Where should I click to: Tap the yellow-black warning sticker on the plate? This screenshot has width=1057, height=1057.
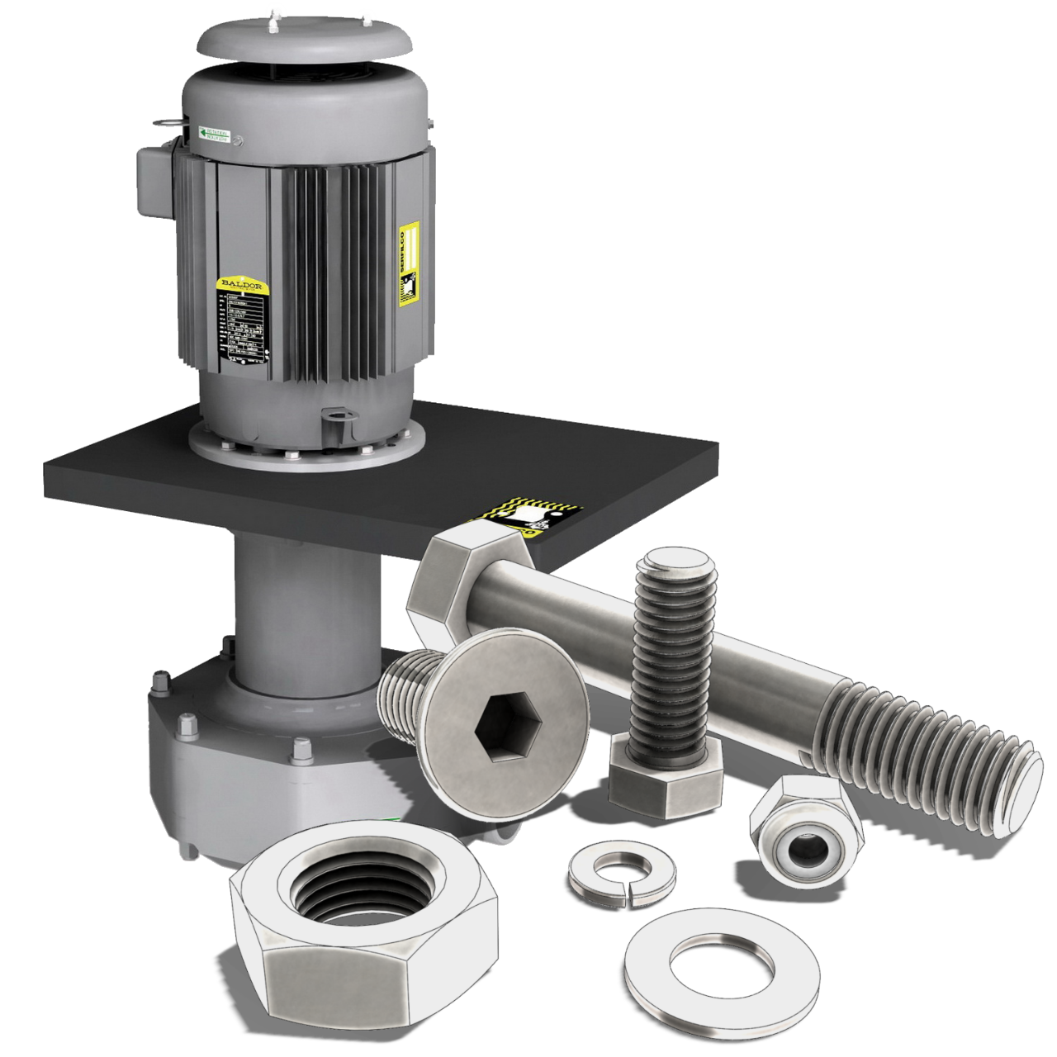[x=528, y=517]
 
